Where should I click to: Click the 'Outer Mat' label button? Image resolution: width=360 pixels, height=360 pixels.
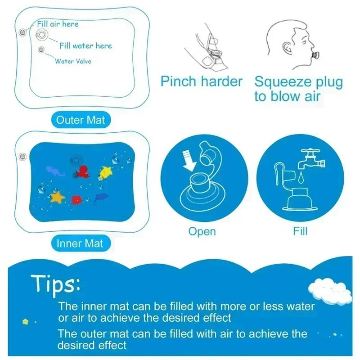point(81,120)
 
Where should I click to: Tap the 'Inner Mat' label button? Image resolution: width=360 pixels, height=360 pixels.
point(80,243)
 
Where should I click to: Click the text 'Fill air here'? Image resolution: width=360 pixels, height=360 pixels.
point(58,24)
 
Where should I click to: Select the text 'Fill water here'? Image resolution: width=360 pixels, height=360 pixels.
point(85,45)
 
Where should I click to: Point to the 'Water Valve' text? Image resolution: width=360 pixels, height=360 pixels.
point(73,61)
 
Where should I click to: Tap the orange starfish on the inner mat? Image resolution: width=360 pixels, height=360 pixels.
point(57,197)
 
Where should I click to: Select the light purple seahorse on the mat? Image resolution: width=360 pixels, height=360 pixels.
point(55,170)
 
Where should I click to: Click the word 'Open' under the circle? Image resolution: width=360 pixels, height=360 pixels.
point(202,231)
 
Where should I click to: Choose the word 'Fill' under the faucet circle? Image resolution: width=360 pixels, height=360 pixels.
point(300,231)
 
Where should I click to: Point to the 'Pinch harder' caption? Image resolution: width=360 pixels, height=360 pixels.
point(202,81)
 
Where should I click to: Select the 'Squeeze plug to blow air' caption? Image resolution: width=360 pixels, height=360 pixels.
point(298,89)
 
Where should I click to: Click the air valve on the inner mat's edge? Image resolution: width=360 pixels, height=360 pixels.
point(21,156)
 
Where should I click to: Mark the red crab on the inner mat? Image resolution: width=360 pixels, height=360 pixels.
point(76,198)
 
